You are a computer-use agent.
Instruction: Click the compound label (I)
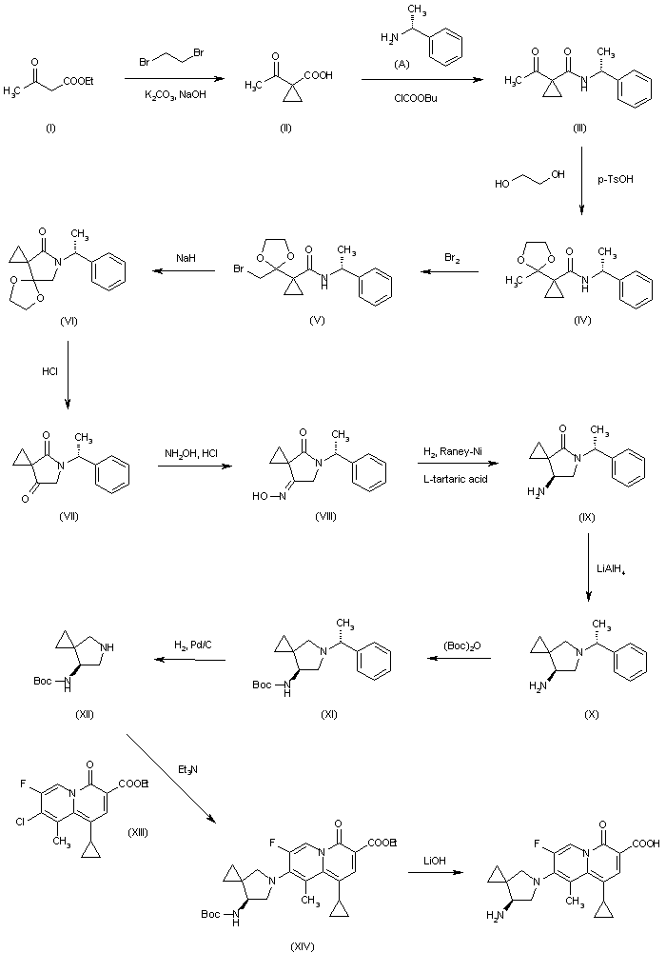click(x=49, y=128)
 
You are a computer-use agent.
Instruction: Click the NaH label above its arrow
click(x=185, y=257)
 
